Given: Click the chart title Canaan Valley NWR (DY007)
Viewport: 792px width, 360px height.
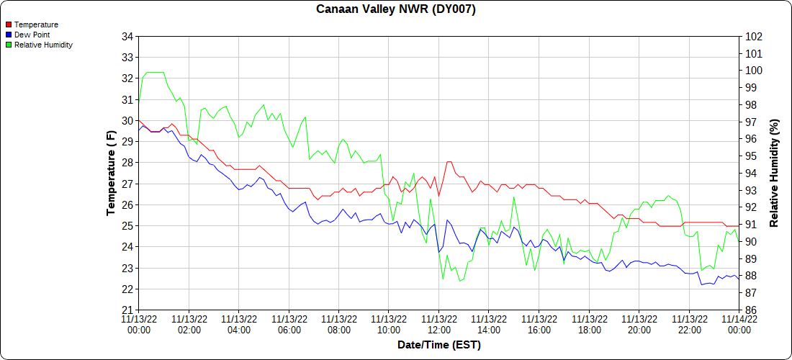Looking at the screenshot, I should click(x=396, y=9).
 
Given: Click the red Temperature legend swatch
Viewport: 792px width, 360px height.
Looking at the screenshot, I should click(x=8, y=24).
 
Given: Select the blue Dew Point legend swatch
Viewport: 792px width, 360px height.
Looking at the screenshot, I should click(x=8, y=35).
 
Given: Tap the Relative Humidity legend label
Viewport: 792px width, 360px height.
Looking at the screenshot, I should click(x=43, y=45).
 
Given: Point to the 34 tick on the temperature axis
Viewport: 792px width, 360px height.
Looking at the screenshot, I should click(x=127, y=37).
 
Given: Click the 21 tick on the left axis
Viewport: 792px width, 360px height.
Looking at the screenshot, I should click(x=127, y=310).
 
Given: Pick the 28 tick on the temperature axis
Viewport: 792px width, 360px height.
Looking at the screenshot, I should click(x=127, y=163).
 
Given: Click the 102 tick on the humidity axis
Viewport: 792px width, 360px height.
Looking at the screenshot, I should click(x=754, y=37).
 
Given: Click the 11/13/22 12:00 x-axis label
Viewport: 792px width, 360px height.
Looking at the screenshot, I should click(x=438, y=324).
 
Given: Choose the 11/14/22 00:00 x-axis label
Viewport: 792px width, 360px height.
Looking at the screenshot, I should click(x=739, y=324).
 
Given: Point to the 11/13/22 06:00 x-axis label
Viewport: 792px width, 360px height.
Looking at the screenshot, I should click(x=289, y=324).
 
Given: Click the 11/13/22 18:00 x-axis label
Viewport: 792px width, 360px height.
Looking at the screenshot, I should click(x=589, y=324).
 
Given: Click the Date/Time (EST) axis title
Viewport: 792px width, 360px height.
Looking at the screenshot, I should click(x=438, y=345).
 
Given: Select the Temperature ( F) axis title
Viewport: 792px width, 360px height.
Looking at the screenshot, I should click(x=111, y=173).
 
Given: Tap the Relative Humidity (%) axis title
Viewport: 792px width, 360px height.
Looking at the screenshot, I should click(x=774, y=173).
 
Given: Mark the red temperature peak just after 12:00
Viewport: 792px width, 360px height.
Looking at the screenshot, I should click(x=449, y=162).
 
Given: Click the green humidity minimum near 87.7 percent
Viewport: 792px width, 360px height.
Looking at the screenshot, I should click(x=461, y=281).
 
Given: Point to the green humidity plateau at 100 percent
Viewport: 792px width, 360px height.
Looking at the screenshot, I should click(x=155, y=72).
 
